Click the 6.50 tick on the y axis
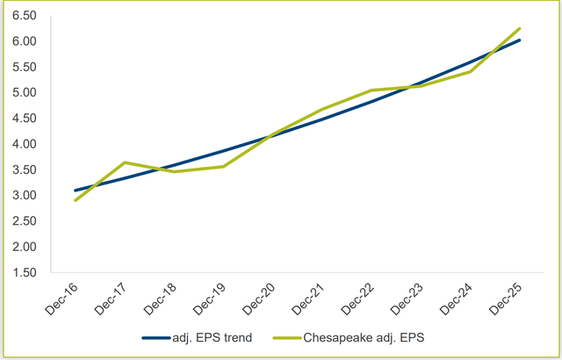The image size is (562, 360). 23,16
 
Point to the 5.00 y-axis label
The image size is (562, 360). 23,92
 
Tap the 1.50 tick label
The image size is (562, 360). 23,272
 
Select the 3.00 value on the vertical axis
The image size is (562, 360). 23,195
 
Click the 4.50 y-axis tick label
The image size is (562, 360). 23,119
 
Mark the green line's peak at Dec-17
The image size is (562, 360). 126,162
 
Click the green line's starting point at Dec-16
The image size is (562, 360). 76,200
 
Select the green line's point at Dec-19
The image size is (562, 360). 224,166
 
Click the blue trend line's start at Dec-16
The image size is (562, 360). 76,191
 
